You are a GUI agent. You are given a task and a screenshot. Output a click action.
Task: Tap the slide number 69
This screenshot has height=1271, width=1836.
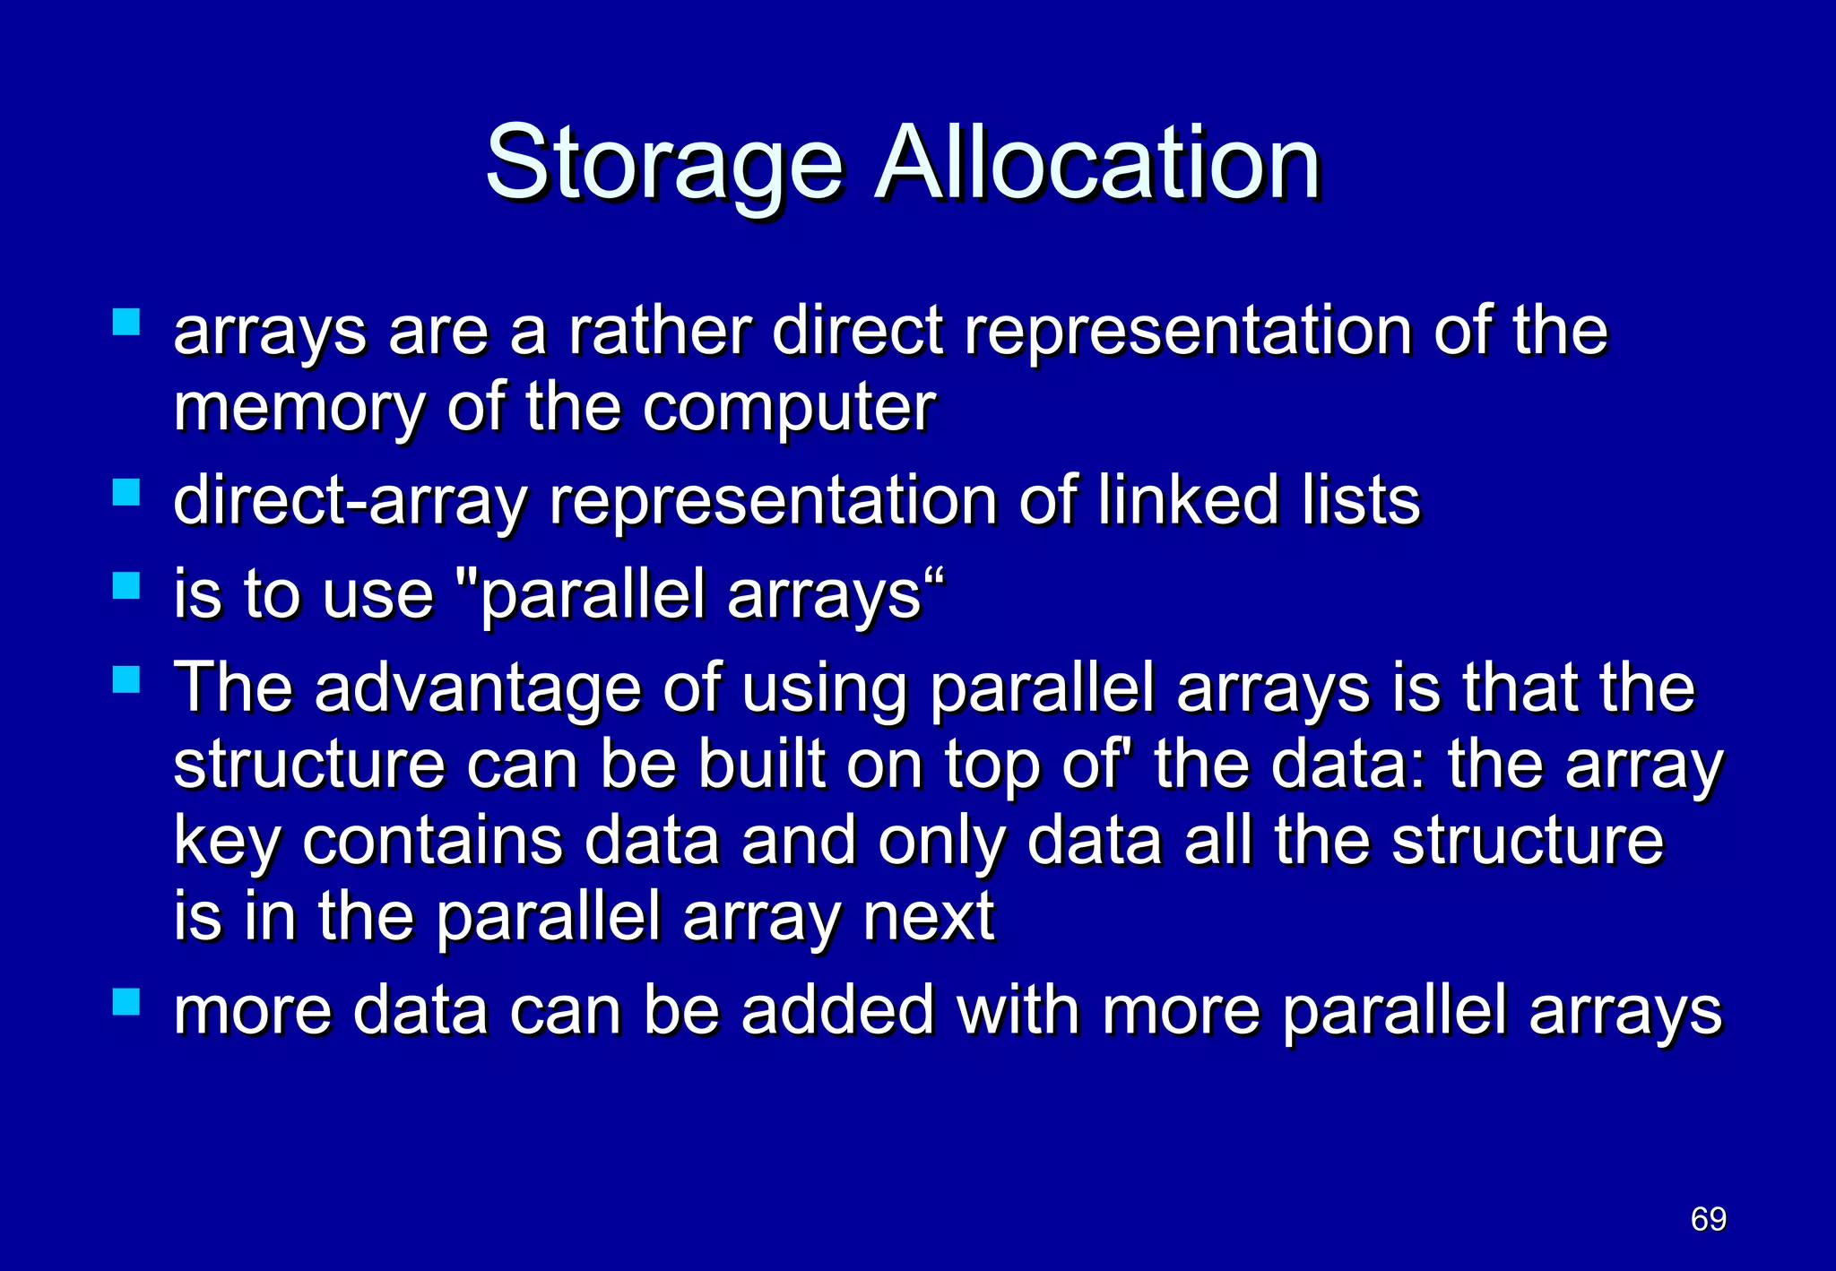pyautogui.click(x=1708, y=1219)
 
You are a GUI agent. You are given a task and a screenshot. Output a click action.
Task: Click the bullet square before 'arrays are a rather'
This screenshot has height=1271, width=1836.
pyautogui.click(x=126, y=322)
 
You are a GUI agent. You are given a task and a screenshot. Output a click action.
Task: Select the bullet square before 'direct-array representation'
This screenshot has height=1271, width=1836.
pyautogui.click(x=126, y=492)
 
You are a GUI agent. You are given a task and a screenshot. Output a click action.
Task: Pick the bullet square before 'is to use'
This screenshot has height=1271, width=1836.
pyautogui.click(x=126, y=586)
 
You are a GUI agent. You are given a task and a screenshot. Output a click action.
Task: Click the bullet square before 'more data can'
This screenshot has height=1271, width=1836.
pyautogui.click(x=126, y=1001)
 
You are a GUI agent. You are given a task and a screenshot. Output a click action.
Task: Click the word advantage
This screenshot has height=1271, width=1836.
pyautogui.click(x=478, y=689)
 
